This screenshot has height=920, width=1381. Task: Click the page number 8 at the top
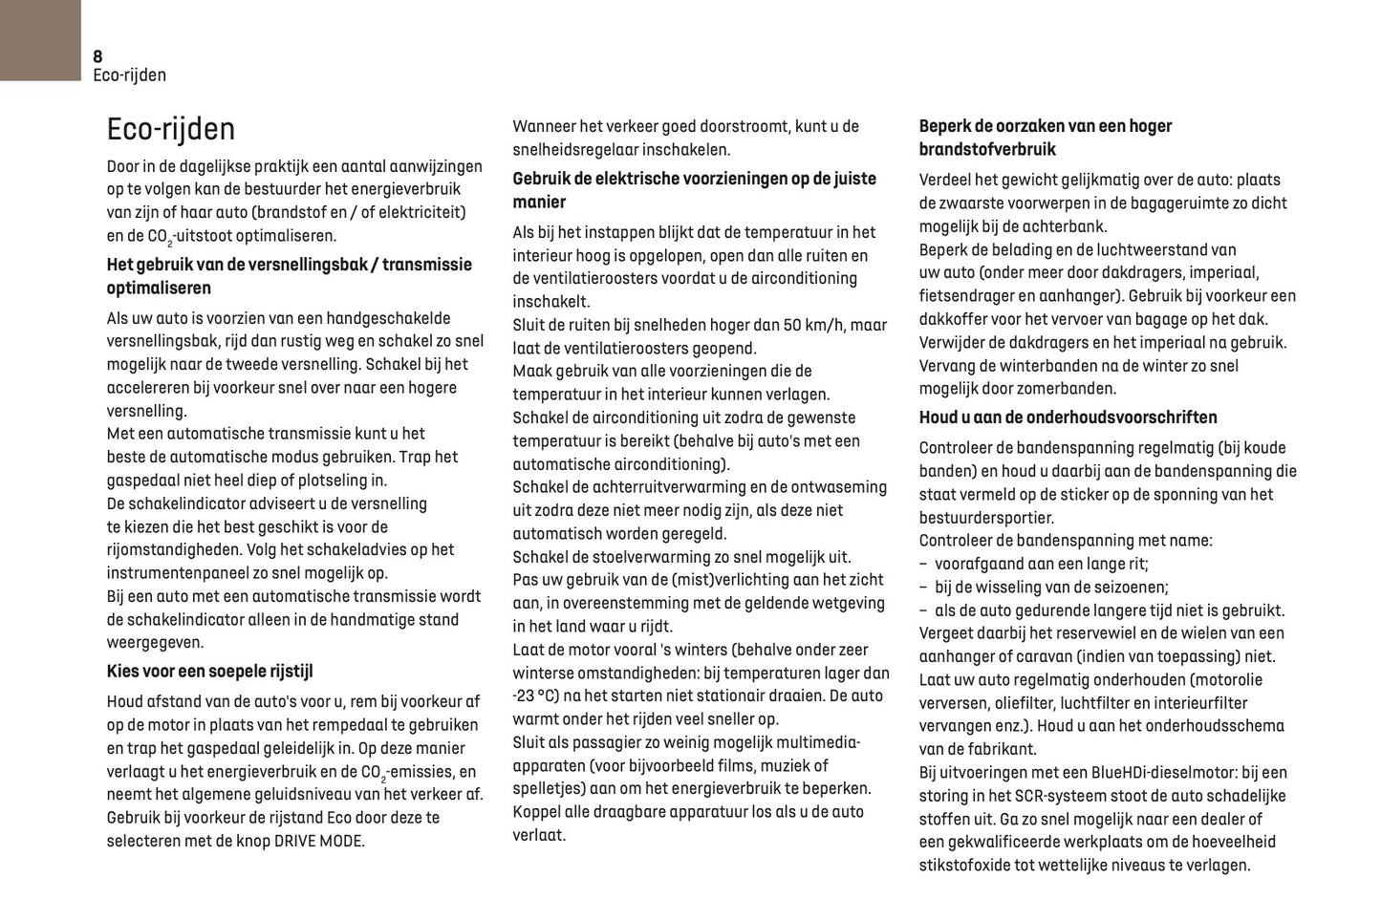click(97, 56)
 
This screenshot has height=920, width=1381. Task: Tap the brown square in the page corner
click(40, 40)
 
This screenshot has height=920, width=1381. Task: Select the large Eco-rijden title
click(171, 129)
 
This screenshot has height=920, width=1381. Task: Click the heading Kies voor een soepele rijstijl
click(209, 672)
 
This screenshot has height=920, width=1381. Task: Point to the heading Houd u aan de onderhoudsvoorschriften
click(1068, 417)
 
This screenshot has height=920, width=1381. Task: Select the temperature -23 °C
click(535, 696)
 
